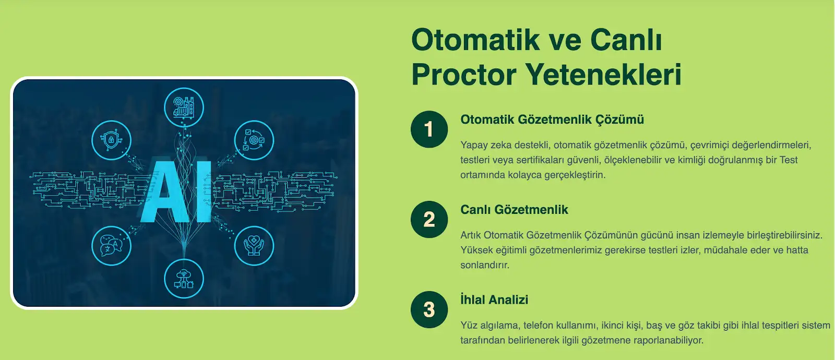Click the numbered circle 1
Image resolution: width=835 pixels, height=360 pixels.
(x=429, y=129)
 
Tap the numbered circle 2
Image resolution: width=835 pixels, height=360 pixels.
(x=429, y=220)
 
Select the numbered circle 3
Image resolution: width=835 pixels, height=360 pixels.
(x=429, y=310)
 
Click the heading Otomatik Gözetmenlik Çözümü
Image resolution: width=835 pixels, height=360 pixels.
(x=552, y=119)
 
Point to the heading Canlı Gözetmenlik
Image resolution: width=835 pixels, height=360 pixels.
(x=514, y=210)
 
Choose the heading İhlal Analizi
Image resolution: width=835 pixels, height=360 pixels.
(x=494, y=299)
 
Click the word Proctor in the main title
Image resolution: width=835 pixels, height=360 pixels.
(x=464, y=75)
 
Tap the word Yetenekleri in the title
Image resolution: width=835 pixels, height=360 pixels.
(x=603, y=75)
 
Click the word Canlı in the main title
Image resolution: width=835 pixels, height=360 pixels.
(x=626, y=40)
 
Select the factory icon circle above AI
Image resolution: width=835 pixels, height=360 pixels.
(x=184, y=107)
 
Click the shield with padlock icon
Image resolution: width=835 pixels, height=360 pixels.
(x=112, y=140)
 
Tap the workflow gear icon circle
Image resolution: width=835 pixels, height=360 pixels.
(x=254, y=140)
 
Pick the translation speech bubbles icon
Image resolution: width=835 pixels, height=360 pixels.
(x=112, y=246)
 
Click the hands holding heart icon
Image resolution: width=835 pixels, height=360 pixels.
(x=254, y=246)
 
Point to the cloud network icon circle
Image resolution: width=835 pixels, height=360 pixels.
(x=184, y=279)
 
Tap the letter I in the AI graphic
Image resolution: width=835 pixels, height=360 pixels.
(x=204, y=191)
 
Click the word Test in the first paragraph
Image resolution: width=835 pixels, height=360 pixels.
(x=789, y=160)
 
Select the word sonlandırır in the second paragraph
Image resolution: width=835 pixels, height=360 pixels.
(x=485, y=265)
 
